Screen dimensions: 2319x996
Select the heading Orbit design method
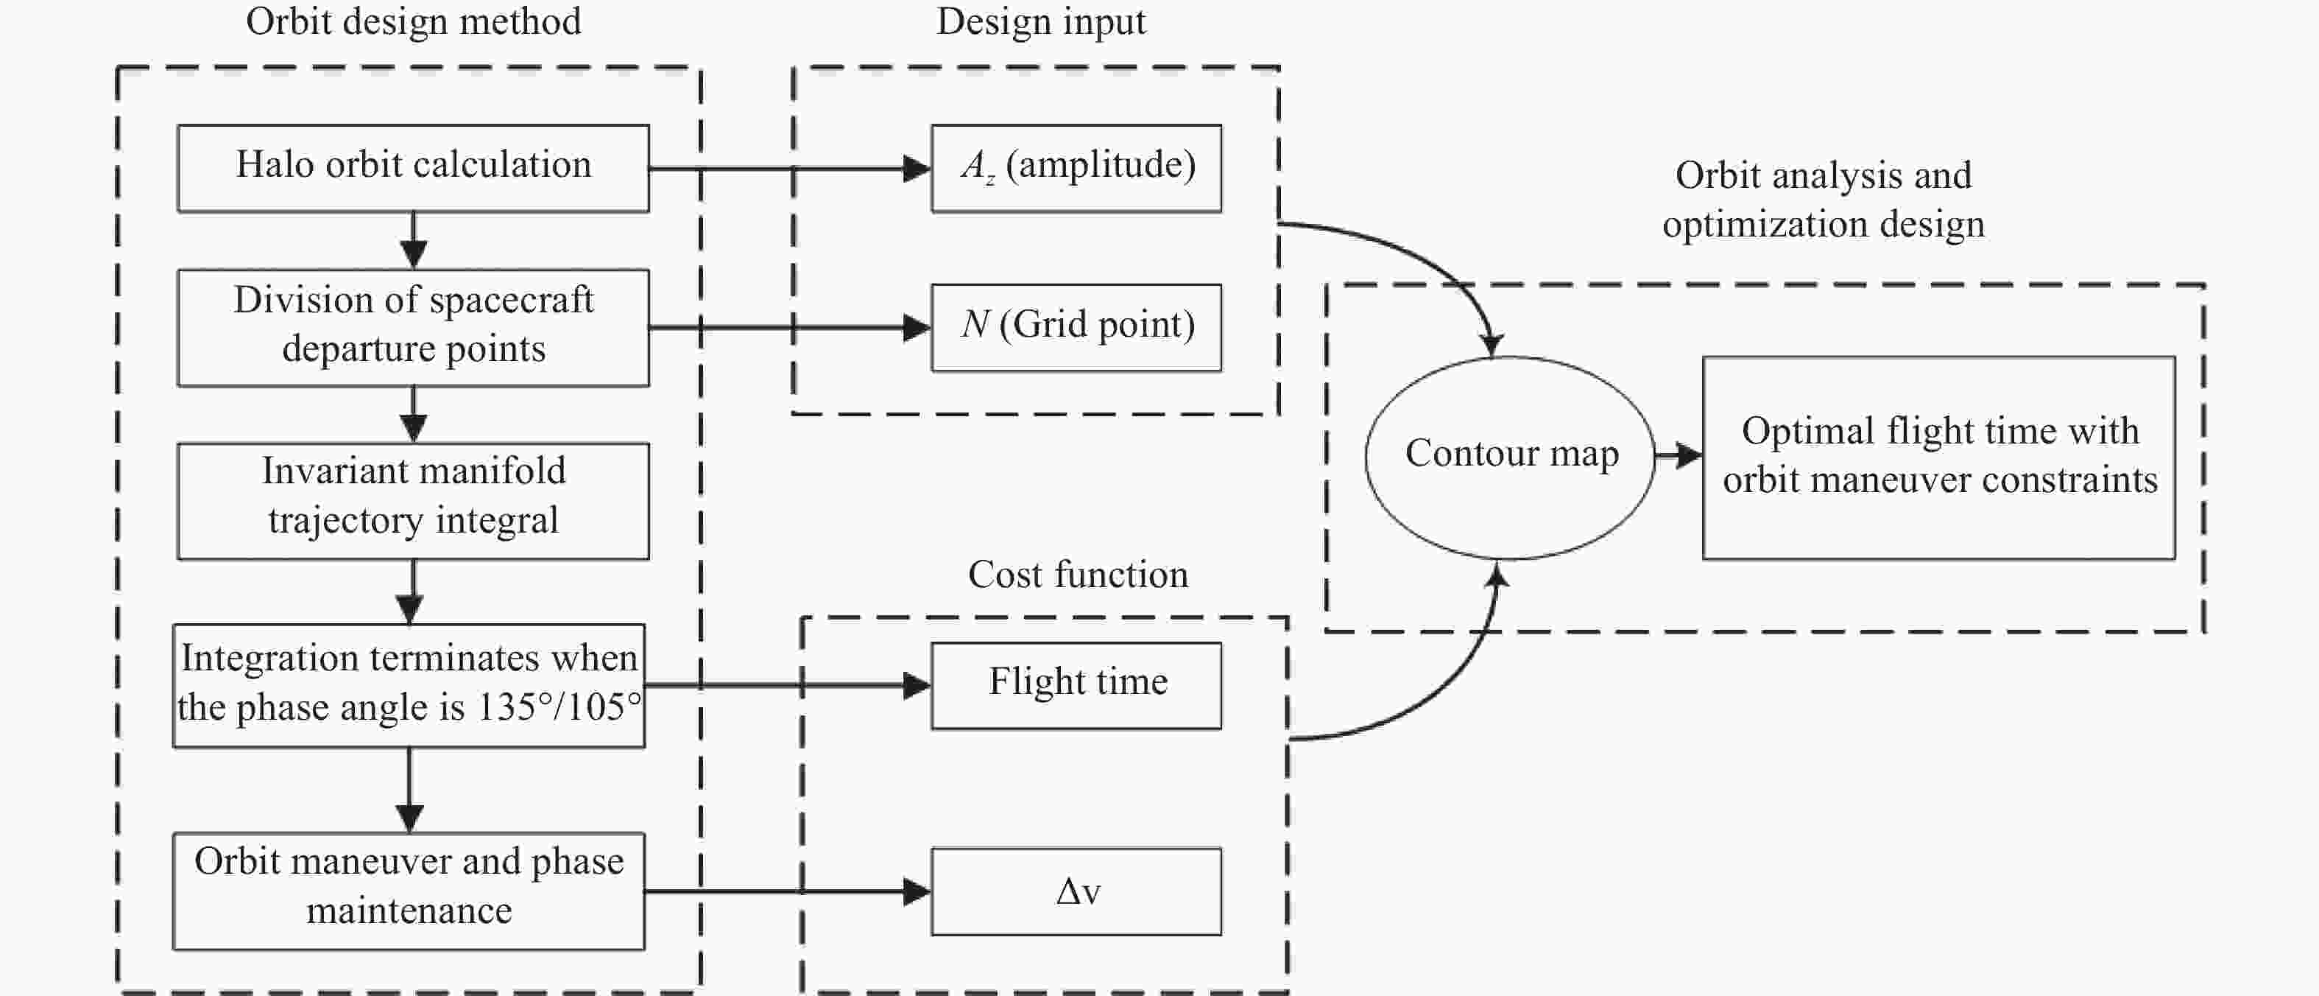[413, 21]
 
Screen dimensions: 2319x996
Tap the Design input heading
[1041, 21]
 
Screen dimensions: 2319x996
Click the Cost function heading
[1079, 575]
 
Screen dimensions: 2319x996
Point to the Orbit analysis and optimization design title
[1824, 199]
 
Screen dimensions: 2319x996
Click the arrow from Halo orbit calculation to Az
[789, 169]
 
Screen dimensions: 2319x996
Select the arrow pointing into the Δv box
[788, 891]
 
